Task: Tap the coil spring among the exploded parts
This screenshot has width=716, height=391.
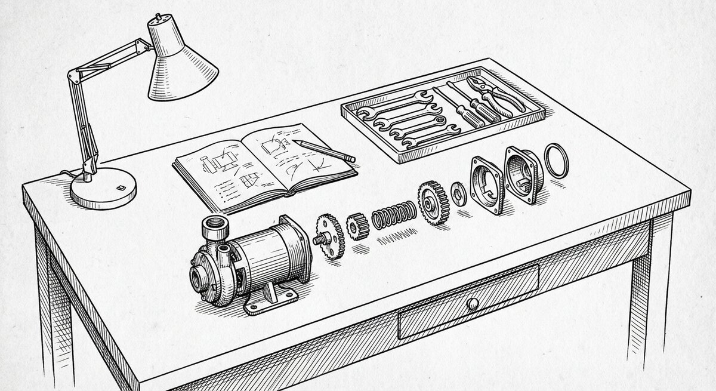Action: coord(394,214)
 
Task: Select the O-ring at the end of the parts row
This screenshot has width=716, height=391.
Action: coord(557,160)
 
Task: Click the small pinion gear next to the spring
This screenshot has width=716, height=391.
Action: coord(359,226)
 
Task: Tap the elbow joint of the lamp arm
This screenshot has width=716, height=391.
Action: coord(72,76)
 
